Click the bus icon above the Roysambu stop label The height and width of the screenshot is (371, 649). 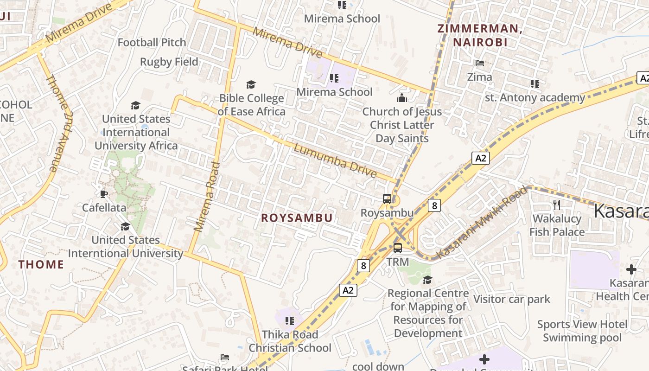pyautogui.click(x=387, y=199)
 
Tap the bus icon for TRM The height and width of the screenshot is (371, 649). pyautogui.click(x=398, y=248)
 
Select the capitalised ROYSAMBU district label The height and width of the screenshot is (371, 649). pyautogui.click(x=297, y=218)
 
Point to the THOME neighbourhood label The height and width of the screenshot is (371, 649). pyautogui.click(x=41, y=265)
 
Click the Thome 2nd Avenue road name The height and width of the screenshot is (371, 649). pyautogui.click(x=58, y=123)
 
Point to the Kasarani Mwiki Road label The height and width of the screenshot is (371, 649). pyautogui.click(x=482, y=223)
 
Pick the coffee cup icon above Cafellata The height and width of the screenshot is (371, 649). pyautogui.click(x=103, y=194)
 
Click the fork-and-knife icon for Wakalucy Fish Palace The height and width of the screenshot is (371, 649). pyautogui.click(x=557, y=205)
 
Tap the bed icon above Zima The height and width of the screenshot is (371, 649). pyautogui.click(x=480, y=63)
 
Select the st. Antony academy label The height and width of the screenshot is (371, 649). pyautogui.click(x=535, y=98)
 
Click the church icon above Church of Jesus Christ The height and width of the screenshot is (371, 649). pyautogui.click(x=402, y=98)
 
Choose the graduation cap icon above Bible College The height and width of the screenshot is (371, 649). pyautogui.click(x=251, y=84)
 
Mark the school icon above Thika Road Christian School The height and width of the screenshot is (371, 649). pyautogui.click(x=290, y=321)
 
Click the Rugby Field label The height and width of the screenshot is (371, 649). pyautogui.click(x=169, y=62)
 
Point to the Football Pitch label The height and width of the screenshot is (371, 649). pyautogui.click(x=152, y=43)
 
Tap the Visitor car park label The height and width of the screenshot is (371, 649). pyautogui.click(x=511, y=299)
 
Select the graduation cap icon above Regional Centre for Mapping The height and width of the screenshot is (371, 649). pyautogui.click(x=427, y=280)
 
